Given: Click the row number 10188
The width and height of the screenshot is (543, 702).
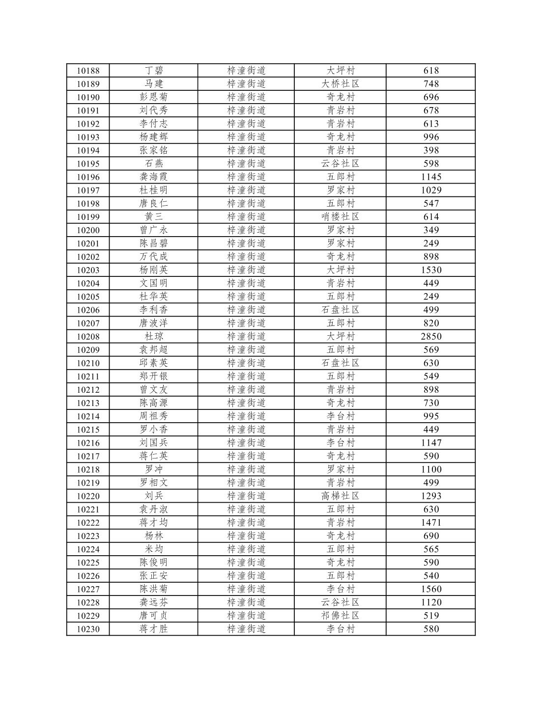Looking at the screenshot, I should tap(88, 71).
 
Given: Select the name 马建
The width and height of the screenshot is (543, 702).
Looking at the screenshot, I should tap(153, 84).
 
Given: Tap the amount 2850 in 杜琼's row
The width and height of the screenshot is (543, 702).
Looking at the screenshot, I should tap(431, 337).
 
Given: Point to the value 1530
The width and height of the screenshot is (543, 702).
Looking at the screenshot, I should tap(431, 270).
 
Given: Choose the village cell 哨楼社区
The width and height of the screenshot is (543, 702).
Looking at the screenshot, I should tap(340, 217).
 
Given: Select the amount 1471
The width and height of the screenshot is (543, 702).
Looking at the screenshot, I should tap(431, 523).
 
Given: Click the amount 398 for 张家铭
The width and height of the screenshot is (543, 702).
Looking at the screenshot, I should tap(431, 151).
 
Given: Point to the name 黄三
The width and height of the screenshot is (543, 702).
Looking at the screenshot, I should tap(153, 217).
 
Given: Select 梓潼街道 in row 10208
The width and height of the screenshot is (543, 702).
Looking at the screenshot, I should tap(246, 337).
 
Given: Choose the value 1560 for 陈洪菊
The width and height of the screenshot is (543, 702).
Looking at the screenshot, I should tap(431, 589).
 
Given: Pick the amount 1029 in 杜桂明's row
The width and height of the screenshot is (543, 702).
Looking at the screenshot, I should tap(431, 190).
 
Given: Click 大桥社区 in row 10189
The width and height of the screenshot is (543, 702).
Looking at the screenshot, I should tap(340, 84).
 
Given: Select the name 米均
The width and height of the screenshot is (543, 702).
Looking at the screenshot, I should tap(153, 549).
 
